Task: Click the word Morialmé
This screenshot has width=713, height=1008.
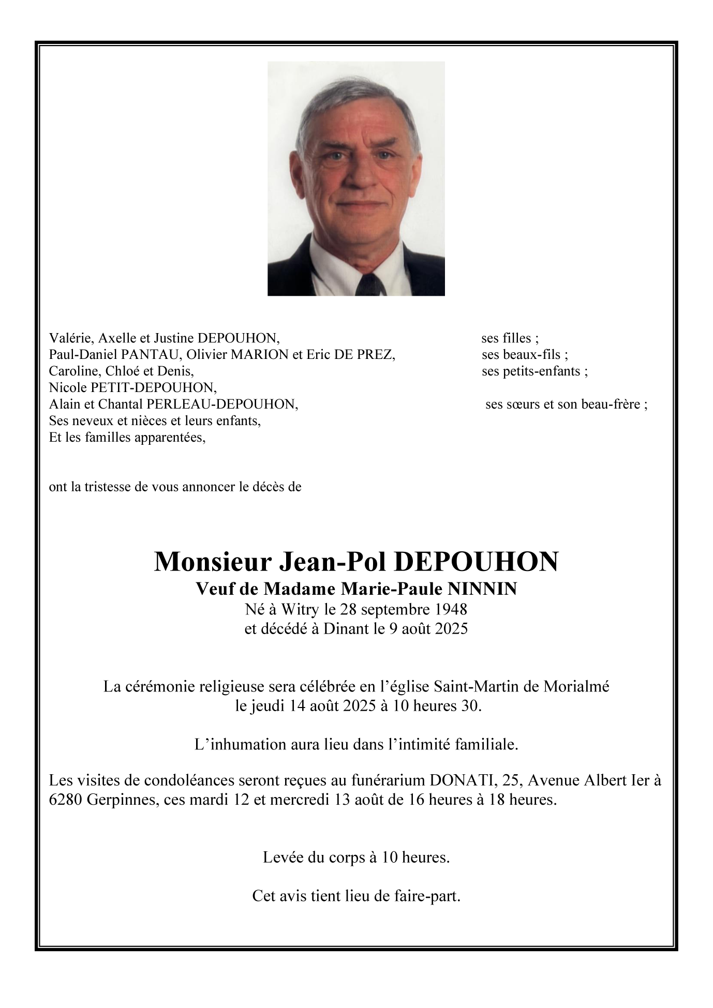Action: point(576,686)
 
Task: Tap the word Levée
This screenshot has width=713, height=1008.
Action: point(283,857)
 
